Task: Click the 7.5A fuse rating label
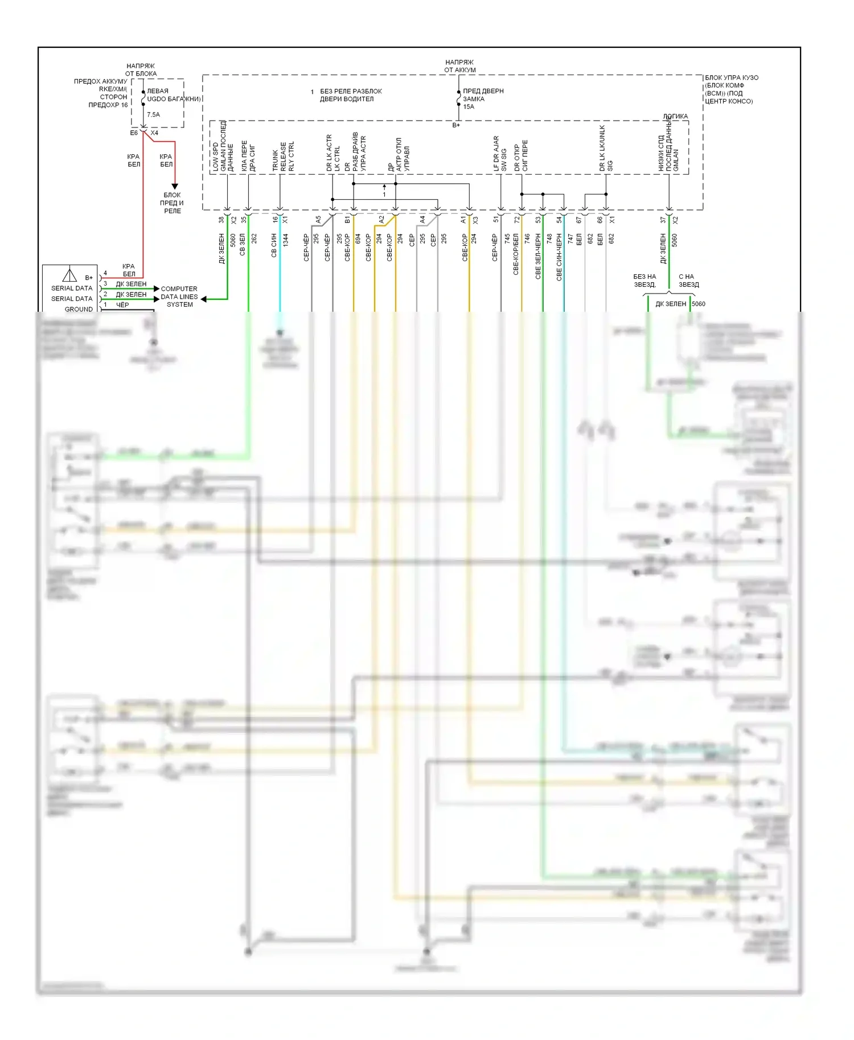153,114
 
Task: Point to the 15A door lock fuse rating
469,106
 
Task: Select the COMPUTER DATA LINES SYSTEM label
179,296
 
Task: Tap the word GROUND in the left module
79,309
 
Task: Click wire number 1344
286,240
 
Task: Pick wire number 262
254,238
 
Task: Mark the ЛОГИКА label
675,116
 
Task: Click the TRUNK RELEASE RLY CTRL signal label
283,156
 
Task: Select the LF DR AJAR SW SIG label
500,153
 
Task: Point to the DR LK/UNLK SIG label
606,148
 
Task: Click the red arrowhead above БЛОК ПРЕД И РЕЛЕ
175,186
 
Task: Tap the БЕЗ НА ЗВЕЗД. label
644,280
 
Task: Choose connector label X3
475,220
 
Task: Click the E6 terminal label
134,133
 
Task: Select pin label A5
318,220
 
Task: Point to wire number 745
507,238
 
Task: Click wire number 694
358,239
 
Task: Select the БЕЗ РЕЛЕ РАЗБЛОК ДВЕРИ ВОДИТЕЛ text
350,95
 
